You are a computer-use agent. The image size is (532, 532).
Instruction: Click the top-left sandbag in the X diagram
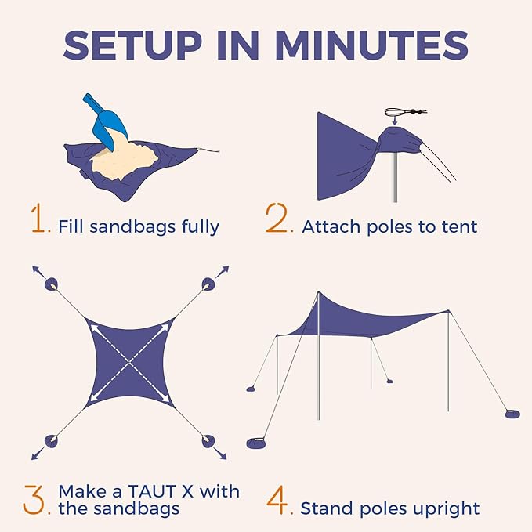(52, 284)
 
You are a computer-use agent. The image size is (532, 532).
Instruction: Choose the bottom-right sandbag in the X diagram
(208, 442)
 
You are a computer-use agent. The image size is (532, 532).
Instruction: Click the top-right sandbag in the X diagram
(208, 284)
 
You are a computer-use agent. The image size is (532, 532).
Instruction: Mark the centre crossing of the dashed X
(130, 363)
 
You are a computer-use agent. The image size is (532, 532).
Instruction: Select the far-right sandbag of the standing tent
(512, 413)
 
